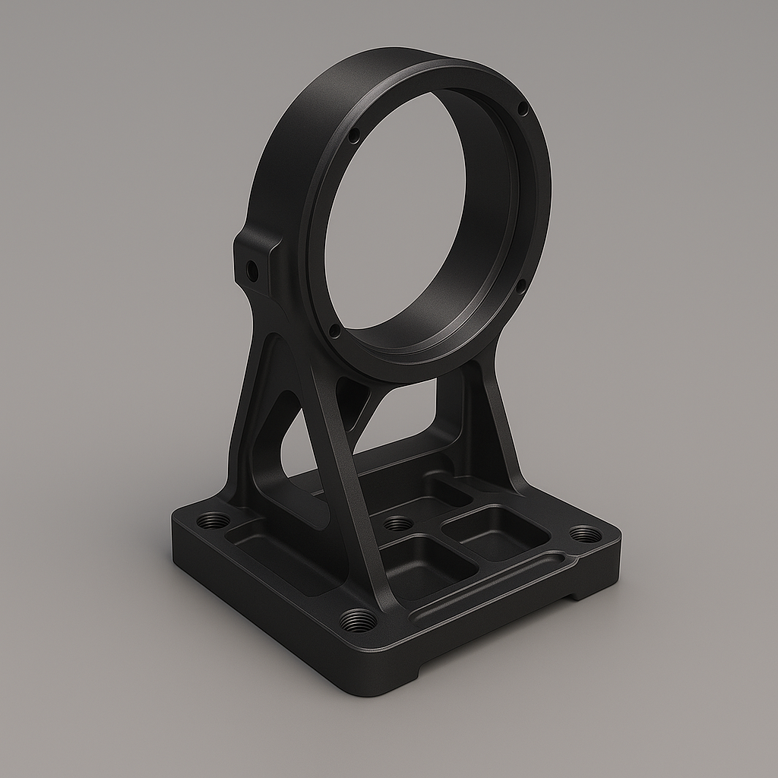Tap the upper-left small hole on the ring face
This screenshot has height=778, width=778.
pyautogui.click(x=353, y=136)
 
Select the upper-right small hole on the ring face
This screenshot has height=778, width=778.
pyautogui.click(x=523, y=109)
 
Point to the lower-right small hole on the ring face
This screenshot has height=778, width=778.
pyautogui.click(x=520, y=286)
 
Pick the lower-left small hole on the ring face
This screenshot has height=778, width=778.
pyautogui.click(x=334, y=330)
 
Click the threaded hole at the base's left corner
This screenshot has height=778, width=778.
pyautogui.click(x=213, y=521)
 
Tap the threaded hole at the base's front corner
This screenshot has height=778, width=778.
pyautogui.click(x=357, y=621)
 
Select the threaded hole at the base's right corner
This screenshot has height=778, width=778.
pyautogui.click(x=585, y=534)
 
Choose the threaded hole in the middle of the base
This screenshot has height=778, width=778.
pyautogui.click(x=398, y=523)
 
